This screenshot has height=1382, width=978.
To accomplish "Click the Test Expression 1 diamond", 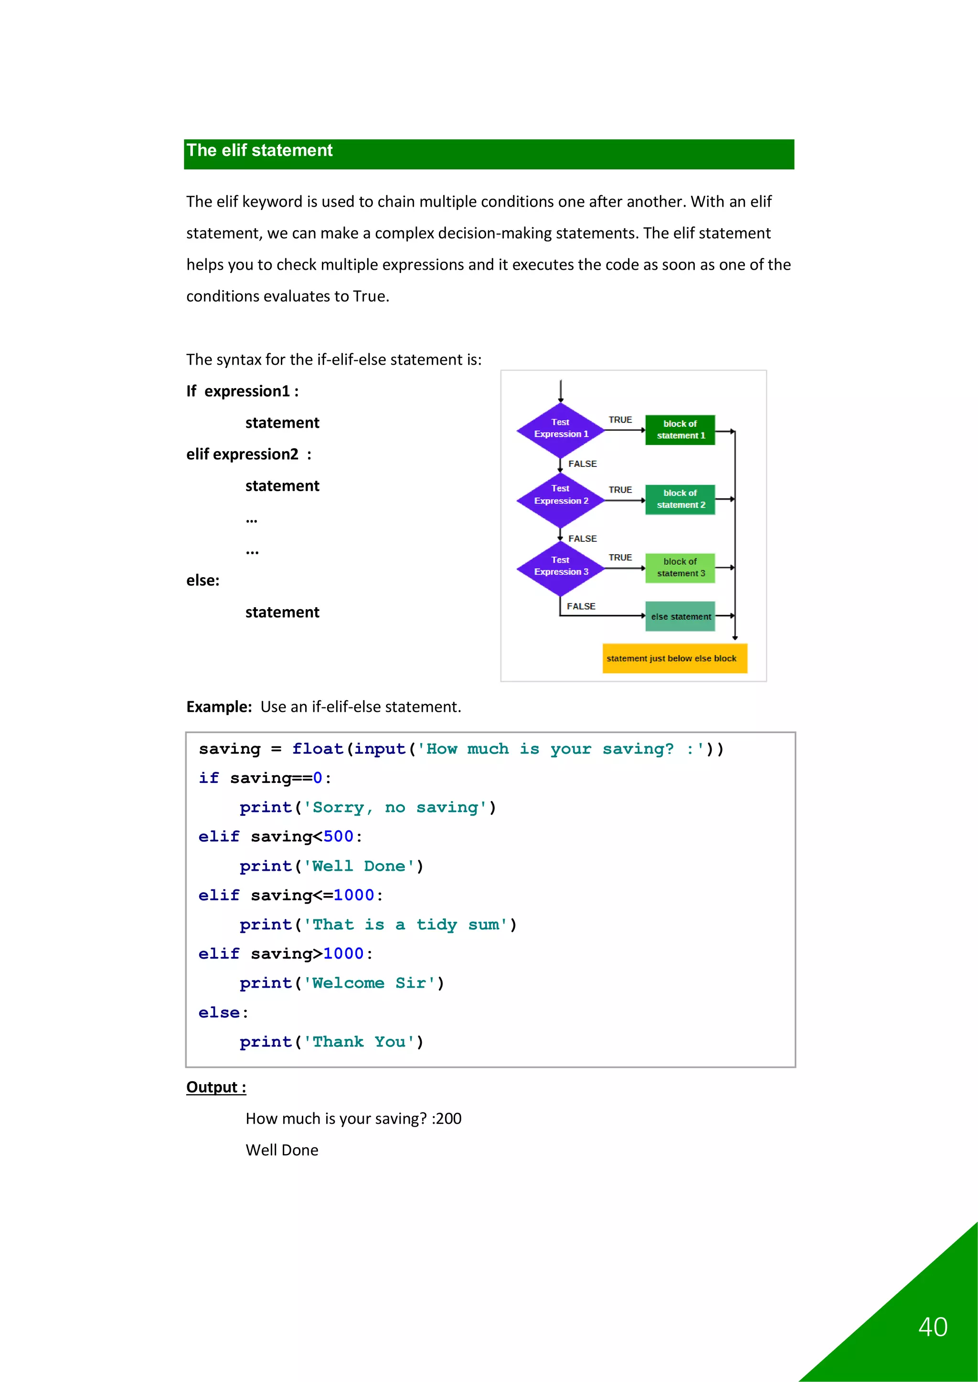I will [561, 429].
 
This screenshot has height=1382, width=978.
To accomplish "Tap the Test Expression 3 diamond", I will [561, 568].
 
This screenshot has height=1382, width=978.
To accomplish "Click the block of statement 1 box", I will [680, 430].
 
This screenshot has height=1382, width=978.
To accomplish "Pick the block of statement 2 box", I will [680, 499].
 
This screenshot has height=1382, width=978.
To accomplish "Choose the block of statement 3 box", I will [680, 568].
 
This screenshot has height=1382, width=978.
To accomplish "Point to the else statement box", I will [680, 616].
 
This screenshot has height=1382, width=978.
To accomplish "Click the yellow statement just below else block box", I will [674, 658].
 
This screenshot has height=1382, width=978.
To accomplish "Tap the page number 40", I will [933, 1327].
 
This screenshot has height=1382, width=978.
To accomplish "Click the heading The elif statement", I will [260, 150].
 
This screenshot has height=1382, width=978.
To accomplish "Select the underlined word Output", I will [212, 1087].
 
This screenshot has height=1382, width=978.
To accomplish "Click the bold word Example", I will [219, 707].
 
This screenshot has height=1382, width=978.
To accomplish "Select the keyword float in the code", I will [318, 749].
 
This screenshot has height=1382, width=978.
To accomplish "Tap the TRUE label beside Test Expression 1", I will [620, 420].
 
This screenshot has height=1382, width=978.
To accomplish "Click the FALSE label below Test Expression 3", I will [581, 606].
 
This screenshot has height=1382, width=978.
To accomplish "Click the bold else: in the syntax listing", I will [203, 580].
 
